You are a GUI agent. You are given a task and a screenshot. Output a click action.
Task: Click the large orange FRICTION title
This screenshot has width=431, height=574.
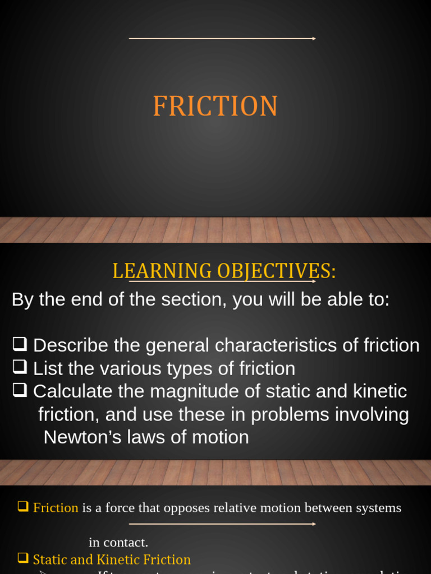tap(215, 106)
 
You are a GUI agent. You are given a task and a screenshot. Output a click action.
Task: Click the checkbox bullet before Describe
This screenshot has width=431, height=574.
tap(20, 344)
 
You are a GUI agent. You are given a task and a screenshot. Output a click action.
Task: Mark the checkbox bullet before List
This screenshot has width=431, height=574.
tap(20, 367)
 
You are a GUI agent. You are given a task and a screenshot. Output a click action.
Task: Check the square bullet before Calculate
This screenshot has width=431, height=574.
tap(20, 390)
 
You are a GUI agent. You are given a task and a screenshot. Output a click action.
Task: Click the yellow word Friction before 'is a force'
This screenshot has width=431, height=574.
tap(56, 508)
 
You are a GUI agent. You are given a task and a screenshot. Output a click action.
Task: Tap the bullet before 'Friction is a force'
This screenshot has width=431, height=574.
tap(23, 507)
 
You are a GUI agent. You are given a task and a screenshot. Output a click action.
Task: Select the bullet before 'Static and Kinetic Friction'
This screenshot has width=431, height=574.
tap(23, 558)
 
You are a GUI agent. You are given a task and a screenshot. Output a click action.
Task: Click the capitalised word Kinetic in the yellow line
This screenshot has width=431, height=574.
tap(117, 559)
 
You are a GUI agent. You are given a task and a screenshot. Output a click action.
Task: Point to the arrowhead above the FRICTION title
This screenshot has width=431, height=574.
tap(313, 39)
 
